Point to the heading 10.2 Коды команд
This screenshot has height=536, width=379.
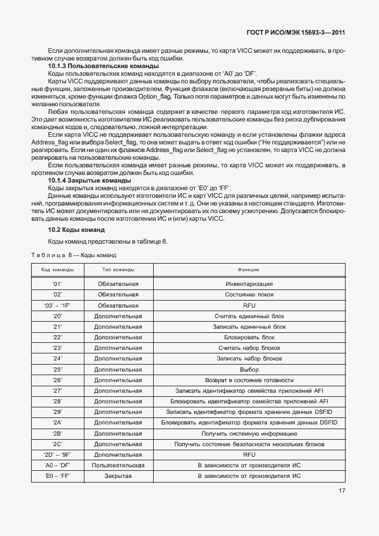point(76,230)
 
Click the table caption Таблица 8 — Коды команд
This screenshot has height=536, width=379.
point(73,255)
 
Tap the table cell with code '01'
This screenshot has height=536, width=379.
point(57,283)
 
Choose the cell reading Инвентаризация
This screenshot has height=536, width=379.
point(249,283)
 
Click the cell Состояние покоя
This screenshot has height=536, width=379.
point(249,294)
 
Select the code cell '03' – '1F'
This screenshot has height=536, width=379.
point(57,305)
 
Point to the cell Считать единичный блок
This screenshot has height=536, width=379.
point(249,316)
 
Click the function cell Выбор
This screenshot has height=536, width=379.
point(249,369)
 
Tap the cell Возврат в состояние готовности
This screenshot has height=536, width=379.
point(249,380)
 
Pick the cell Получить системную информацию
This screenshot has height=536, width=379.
point(249,433)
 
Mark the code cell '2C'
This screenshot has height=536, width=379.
point(57,444)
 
